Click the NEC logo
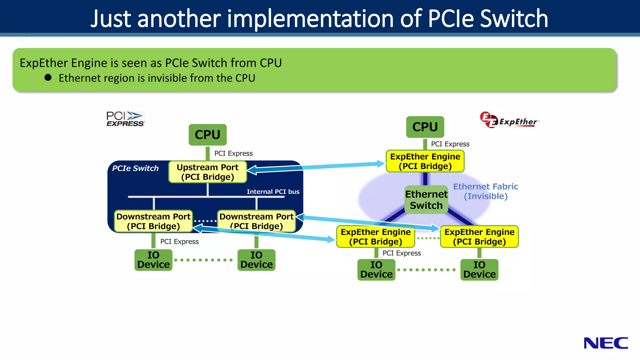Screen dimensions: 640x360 point(606,343)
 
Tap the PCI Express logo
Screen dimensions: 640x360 point(125,119)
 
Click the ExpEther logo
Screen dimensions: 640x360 point(509,120)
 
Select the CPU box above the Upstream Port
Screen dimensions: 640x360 point(207,135)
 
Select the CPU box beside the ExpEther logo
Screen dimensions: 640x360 point(425,127)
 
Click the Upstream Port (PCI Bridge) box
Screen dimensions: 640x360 point(207,172)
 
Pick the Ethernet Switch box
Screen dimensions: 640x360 point(426,200)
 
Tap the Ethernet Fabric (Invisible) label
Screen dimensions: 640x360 point(486,191)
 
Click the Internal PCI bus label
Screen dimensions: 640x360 point(273,192)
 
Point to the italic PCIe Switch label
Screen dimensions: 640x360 point(135,168)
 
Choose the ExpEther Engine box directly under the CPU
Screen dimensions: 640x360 point(425,161)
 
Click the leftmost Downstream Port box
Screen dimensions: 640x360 point(153,221)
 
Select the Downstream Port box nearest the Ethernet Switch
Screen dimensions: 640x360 point(256,221)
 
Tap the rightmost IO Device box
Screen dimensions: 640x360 point(479,270)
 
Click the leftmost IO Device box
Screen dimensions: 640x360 point(153,260)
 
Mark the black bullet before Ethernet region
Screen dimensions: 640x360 point(48,77)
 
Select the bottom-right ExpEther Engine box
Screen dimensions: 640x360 point(479,237)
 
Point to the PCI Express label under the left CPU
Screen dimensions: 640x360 point(233,153)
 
